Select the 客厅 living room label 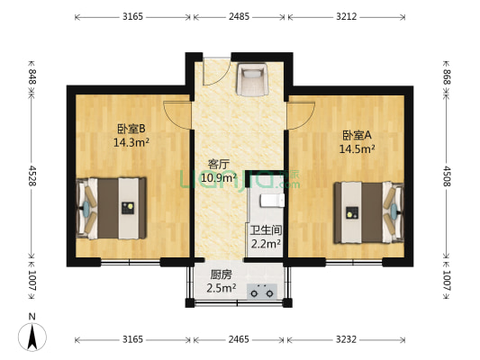[x=219, y=164]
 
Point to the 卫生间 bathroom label [x=266, y=229]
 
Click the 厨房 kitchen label [x=222, y=274]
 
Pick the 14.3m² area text [x=131, y=142]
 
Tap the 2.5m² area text [x=222, y=288]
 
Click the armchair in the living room [x=250, y=81]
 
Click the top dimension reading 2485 [x=240, y=16]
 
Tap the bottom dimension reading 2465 [x=240, y=340]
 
